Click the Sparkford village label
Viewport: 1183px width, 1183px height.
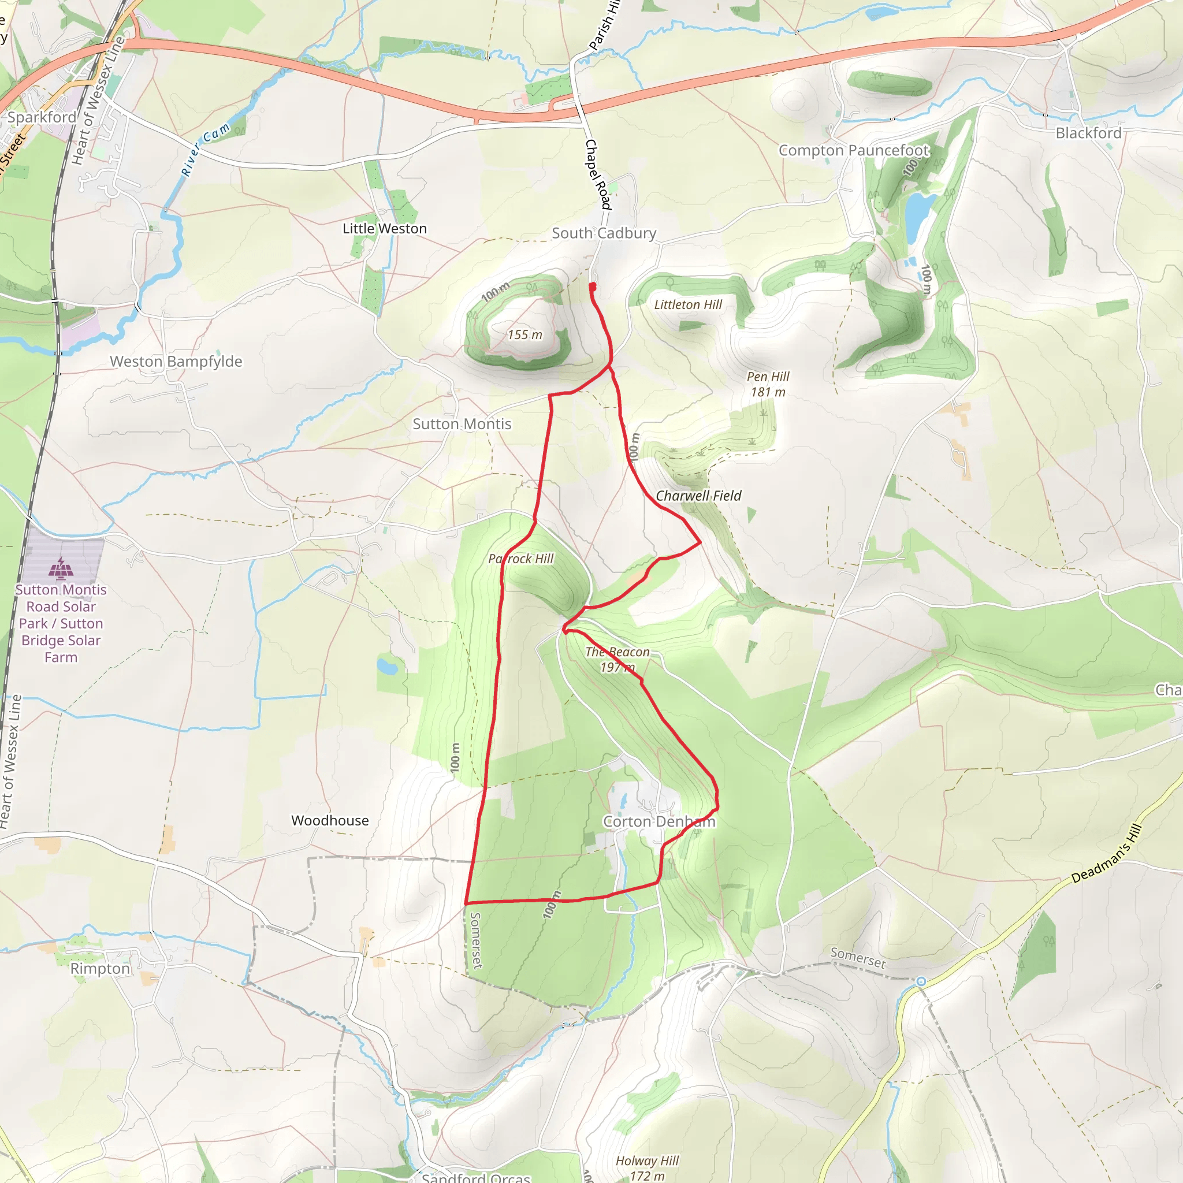(42, 117)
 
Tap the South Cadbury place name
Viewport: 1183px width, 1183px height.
(603, 233)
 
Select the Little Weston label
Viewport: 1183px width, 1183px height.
(385, 228)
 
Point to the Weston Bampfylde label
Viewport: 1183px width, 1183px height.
(176, 361)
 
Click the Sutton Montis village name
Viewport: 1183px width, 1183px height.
(462, 424)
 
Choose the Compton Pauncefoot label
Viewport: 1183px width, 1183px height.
(854, 151)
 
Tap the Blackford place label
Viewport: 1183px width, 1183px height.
(1088, 133)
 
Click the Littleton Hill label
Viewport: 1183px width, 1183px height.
(687, 305)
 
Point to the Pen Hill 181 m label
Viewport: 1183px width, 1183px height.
(768, 385)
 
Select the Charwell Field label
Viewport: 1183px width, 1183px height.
(698, 496)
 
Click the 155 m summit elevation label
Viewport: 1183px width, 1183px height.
(524, 335)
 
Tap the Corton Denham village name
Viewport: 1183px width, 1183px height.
(659, 822)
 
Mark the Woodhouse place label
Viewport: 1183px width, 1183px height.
(330, 820)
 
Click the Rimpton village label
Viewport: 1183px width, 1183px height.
(100, 969)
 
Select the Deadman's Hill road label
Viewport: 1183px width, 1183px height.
(1106, 854)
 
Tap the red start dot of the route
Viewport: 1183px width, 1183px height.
(592, 286)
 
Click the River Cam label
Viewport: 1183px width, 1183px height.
(206, 150)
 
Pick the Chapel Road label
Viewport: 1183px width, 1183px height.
(598, 174)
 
